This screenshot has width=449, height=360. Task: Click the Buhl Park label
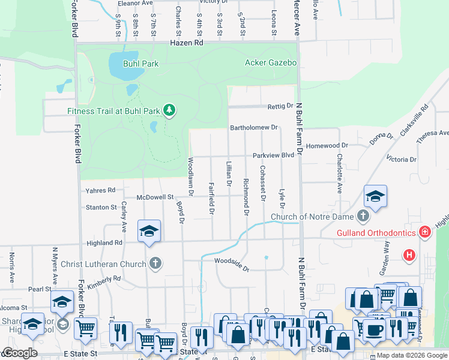141,63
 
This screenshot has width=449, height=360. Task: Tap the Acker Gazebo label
271,62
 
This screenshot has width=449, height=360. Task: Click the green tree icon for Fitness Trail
170,110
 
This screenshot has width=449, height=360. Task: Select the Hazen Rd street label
187,43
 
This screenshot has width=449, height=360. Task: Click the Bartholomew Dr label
255,127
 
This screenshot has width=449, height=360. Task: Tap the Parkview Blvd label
273,155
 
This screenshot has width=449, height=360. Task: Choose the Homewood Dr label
327,145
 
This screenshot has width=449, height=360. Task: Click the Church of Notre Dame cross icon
363,215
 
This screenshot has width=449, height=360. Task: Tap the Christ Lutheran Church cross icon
155,263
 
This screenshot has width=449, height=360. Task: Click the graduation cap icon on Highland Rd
149,231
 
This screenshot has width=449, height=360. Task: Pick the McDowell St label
155,197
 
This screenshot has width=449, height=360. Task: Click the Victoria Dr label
402,160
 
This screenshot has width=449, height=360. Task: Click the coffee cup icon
374,329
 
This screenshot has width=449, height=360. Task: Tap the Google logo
19,353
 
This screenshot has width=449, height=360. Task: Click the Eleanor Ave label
134,3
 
